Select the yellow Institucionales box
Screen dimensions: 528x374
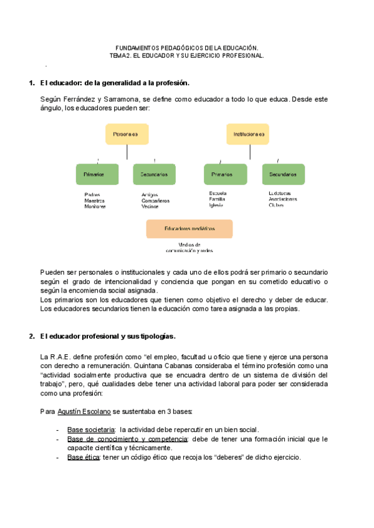(247, 134)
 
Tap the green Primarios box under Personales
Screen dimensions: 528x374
(96, 174)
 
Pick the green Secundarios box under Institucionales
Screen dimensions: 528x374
(283, 174)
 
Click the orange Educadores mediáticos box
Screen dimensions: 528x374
(189, 229)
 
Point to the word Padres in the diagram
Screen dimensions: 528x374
(92, 194)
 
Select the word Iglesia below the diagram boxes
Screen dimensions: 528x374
(216, 205)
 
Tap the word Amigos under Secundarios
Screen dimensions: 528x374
(150, 194)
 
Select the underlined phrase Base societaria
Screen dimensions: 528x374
(91, 430)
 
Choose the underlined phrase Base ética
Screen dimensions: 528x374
(83, 457)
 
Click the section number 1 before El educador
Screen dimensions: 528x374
(32, 83)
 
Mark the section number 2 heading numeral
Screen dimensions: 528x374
(32, 336)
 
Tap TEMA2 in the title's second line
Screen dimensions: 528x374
(120, 55)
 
